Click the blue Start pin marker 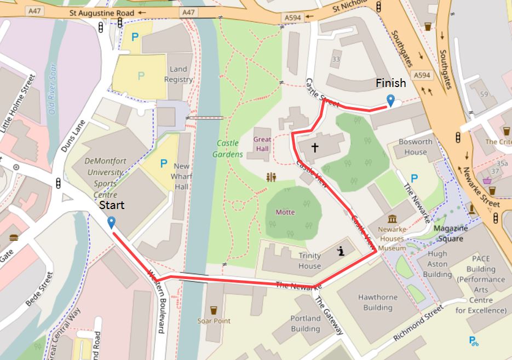tap(112, 222)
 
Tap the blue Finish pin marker tap(390, 100)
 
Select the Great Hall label tap(262, 143)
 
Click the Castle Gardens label tap(228, 148)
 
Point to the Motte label tap(285, 212)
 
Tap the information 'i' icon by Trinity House tap(341, 251)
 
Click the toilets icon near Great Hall tap(271, 177)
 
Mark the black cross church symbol tap(315, 147)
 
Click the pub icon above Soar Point tap(214, 310)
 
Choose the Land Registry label tap(179, 74)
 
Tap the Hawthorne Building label tap(378, 302)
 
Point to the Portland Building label tap(305, 323)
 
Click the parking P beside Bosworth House tap(414, 177)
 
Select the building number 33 tap(336, 59)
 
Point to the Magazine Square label tap(450, 233)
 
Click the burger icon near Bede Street tap(14, 237)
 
